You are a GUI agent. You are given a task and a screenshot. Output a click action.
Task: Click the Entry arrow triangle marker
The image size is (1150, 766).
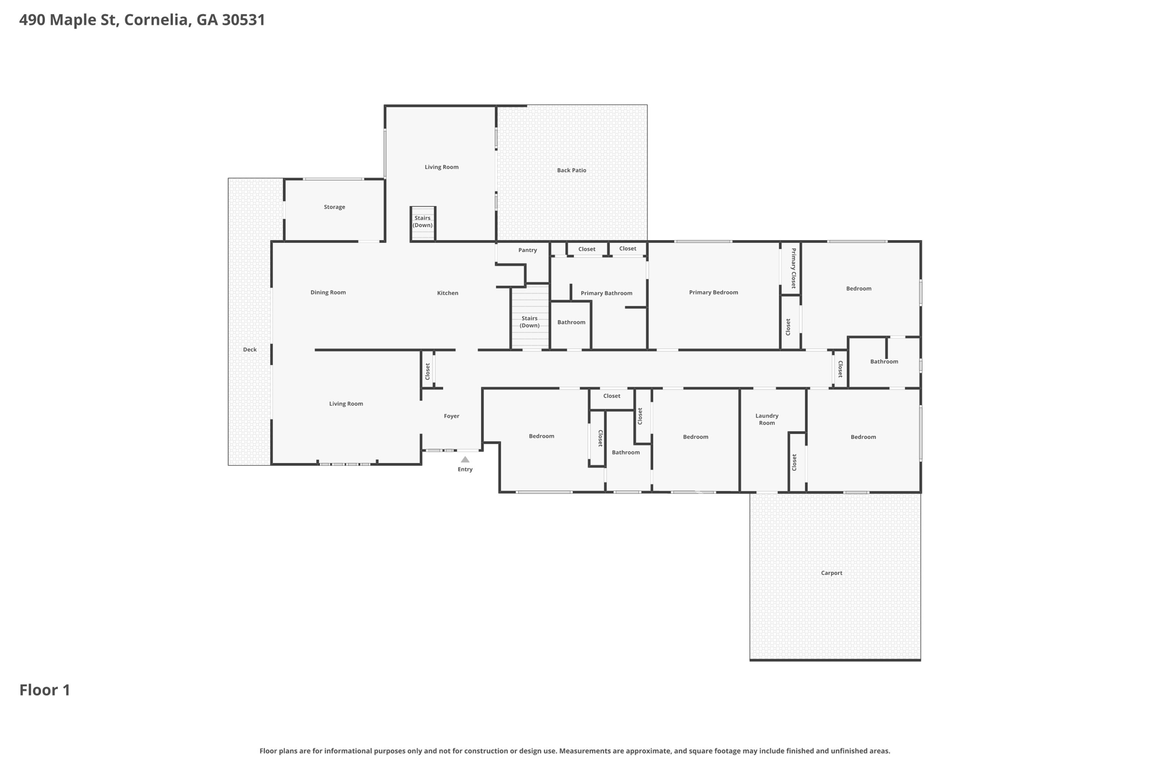tap(465, 460)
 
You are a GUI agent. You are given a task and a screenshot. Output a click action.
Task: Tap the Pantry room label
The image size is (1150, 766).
tap(527, 250)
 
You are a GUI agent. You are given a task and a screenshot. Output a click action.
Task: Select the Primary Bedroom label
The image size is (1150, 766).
tap(713, 292)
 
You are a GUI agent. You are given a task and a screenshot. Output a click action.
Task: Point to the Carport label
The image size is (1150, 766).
tap(832, 573)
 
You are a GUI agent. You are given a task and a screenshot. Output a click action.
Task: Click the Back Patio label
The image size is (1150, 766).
tap(572, 171)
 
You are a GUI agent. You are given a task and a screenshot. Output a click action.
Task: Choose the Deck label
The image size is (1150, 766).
tap(250, 350)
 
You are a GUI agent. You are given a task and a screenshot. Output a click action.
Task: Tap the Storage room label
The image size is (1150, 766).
tap(334, 207)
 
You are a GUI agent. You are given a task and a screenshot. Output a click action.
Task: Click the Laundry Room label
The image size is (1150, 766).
tap(767, 419)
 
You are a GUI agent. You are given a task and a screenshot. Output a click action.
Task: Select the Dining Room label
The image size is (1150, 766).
tap(328, 292)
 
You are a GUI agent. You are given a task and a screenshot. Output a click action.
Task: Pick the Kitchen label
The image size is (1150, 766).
tap(448, 293)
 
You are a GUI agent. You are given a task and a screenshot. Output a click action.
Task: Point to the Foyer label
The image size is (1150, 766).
tap(451, 416)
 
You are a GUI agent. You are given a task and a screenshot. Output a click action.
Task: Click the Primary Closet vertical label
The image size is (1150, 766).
tap(793, 268)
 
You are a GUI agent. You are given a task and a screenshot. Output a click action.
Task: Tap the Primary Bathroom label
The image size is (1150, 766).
tap(606, 293)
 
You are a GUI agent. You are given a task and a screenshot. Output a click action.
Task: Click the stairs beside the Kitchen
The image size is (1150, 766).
tap(530, 318)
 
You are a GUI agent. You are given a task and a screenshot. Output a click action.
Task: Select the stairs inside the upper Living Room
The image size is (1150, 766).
tap(423, 224)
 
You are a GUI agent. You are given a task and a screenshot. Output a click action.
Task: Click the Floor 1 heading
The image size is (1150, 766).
tap(45, 690)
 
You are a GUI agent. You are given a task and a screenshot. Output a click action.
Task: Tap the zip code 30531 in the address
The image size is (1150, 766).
tap(243, 20)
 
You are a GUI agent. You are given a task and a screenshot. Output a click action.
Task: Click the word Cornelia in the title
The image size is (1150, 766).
tap(157, 20)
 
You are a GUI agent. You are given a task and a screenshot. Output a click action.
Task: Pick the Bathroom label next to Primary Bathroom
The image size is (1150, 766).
tap(571, 322)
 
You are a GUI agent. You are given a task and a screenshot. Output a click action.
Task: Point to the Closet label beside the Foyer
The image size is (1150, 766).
tap(427, 371)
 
